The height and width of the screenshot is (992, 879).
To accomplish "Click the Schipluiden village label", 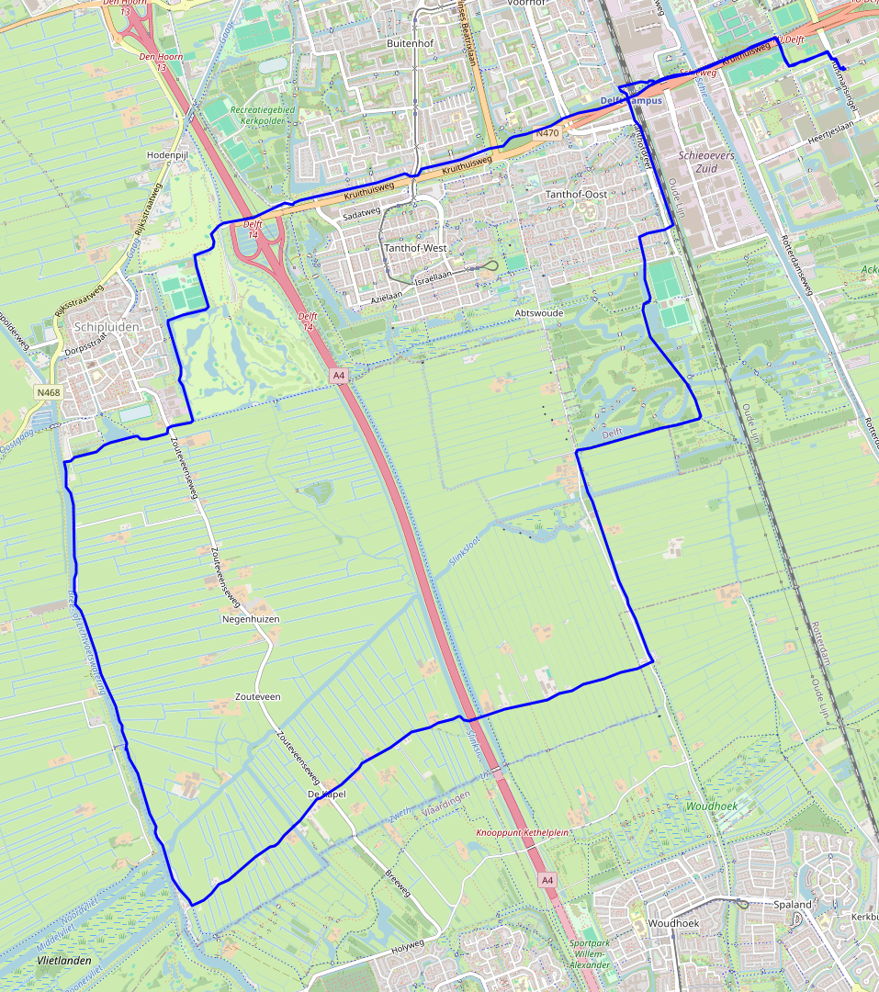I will click(107, 327).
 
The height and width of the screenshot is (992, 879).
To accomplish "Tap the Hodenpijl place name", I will click(167, 156).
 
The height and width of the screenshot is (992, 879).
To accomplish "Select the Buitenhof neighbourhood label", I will click(409, 43).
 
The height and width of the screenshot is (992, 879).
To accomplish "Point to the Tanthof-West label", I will click(415, 248).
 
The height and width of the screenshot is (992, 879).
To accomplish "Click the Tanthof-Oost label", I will click(577, 195).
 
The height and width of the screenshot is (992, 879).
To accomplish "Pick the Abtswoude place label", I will click(539, 312).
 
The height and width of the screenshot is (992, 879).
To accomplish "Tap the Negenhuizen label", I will click(251, 619).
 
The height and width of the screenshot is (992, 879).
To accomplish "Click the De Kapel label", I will click(327, 794).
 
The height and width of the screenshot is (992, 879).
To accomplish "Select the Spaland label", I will click(792, 905).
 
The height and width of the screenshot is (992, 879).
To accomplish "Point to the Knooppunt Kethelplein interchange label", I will click(523, 832).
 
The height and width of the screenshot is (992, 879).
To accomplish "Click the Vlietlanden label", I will click(64, 960).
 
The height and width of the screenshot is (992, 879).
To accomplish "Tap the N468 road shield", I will click(49, 392).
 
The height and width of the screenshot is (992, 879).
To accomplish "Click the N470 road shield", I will click(547, 133).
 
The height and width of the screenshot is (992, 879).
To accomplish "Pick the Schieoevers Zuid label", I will click(706, 163).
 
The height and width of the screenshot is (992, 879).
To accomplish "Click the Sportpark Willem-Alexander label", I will click(589, 954).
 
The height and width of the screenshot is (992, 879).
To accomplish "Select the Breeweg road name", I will click(400, 881).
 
